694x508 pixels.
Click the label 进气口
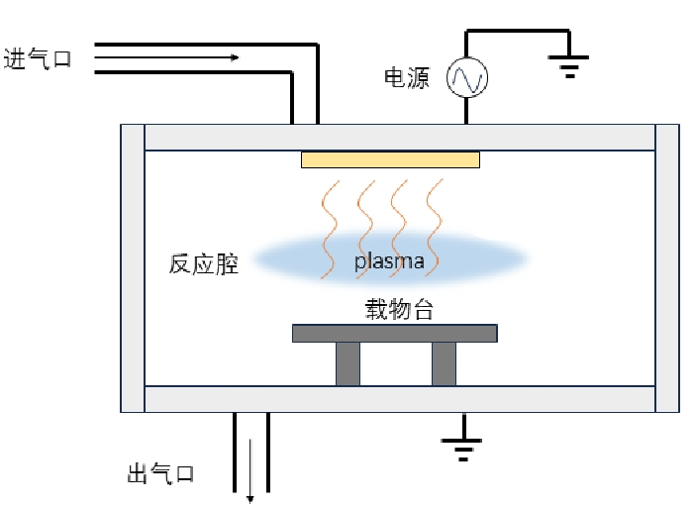point(38,59)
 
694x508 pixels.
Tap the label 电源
point(406,79)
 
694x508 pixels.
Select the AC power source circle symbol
point(467,78)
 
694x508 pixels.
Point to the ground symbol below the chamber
point(461,449)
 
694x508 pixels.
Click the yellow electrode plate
point(390,159)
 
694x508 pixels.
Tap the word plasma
point(390,261)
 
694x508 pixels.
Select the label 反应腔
point(203,264)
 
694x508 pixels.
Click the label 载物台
point(399,309)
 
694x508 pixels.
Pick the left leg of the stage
point(347,363)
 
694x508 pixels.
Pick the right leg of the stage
point(444,363)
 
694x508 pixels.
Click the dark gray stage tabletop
point(394,333)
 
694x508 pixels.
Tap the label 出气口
point(160,474)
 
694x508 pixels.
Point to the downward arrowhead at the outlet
point(250,497)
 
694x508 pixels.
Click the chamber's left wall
point(133,267)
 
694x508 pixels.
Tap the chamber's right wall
point(667,267)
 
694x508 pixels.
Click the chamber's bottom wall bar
point(400,399)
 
